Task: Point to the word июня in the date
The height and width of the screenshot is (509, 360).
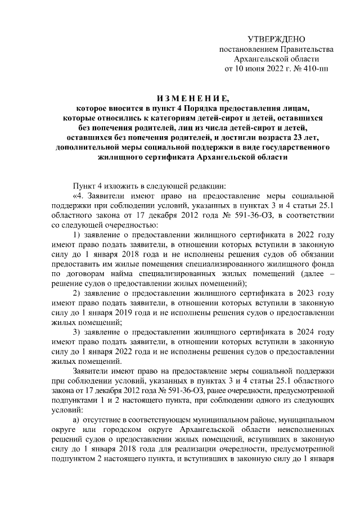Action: point(250,69)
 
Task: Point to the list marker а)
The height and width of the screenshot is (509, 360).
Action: point(76,420)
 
